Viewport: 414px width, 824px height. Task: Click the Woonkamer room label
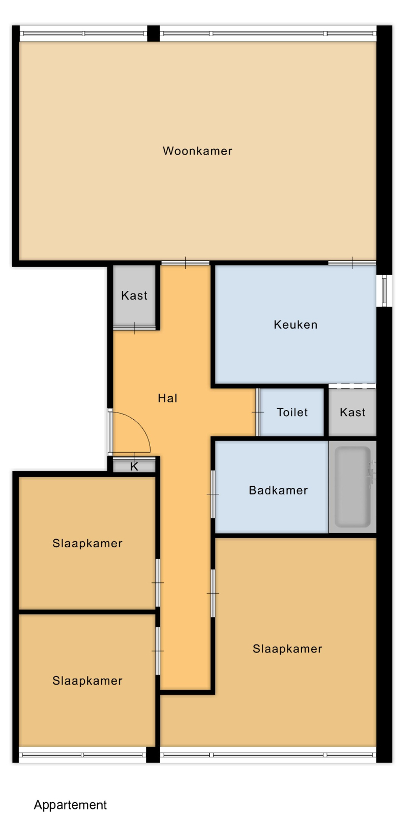coord(197,151)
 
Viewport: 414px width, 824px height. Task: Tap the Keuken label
coord(295,325)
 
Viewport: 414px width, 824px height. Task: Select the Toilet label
coord(292,412)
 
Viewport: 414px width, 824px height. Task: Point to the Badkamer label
coord(278,490)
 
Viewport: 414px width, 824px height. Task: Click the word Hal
coord(168,398)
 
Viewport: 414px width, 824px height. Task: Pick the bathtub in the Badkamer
coord(352,487)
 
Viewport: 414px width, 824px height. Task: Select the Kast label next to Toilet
coord(352,412)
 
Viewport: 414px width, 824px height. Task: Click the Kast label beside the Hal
coord(134,296)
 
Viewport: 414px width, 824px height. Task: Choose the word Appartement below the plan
coord(70,805)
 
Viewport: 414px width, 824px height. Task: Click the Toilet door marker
coord(258,412)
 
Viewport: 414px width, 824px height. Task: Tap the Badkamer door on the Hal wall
coord(213,494)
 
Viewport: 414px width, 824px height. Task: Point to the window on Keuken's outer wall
coord(384,290)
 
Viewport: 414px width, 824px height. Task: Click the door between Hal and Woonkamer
coord(185,262)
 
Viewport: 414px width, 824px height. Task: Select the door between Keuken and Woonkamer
coord(352,262)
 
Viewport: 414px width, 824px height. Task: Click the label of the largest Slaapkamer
coord(287,649)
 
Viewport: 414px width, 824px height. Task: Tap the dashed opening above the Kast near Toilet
coord(352,386)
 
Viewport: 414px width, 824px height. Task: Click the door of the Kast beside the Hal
coord(134,328)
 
